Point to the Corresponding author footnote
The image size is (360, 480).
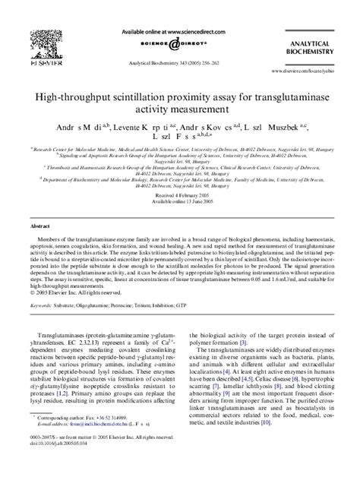point(76,439)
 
